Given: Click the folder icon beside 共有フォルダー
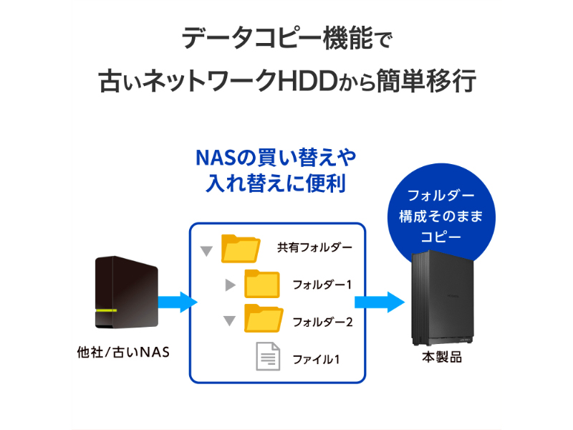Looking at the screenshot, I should click(240, 248).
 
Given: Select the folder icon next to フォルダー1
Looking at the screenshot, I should click(262, 284).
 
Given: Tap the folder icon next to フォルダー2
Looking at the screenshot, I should click(262, 319).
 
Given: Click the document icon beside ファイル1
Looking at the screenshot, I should click(269, 356).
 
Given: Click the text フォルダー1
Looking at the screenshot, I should click(322, 285).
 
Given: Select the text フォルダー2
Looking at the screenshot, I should click(322, 321).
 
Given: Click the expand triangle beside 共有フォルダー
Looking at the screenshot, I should click(207, 251).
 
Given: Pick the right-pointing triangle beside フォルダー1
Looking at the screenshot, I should click(230, 285).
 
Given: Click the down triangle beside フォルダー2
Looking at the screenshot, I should click(229, 321).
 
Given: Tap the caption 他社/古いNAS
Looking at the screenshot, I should click(123, 353).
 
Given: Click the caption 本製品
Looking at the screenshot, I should click(441, 356).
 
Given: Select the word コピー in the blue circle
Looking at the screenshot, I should click(441, 235).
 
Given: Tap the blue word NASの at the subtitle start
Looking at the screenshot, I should click(221, 158).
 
